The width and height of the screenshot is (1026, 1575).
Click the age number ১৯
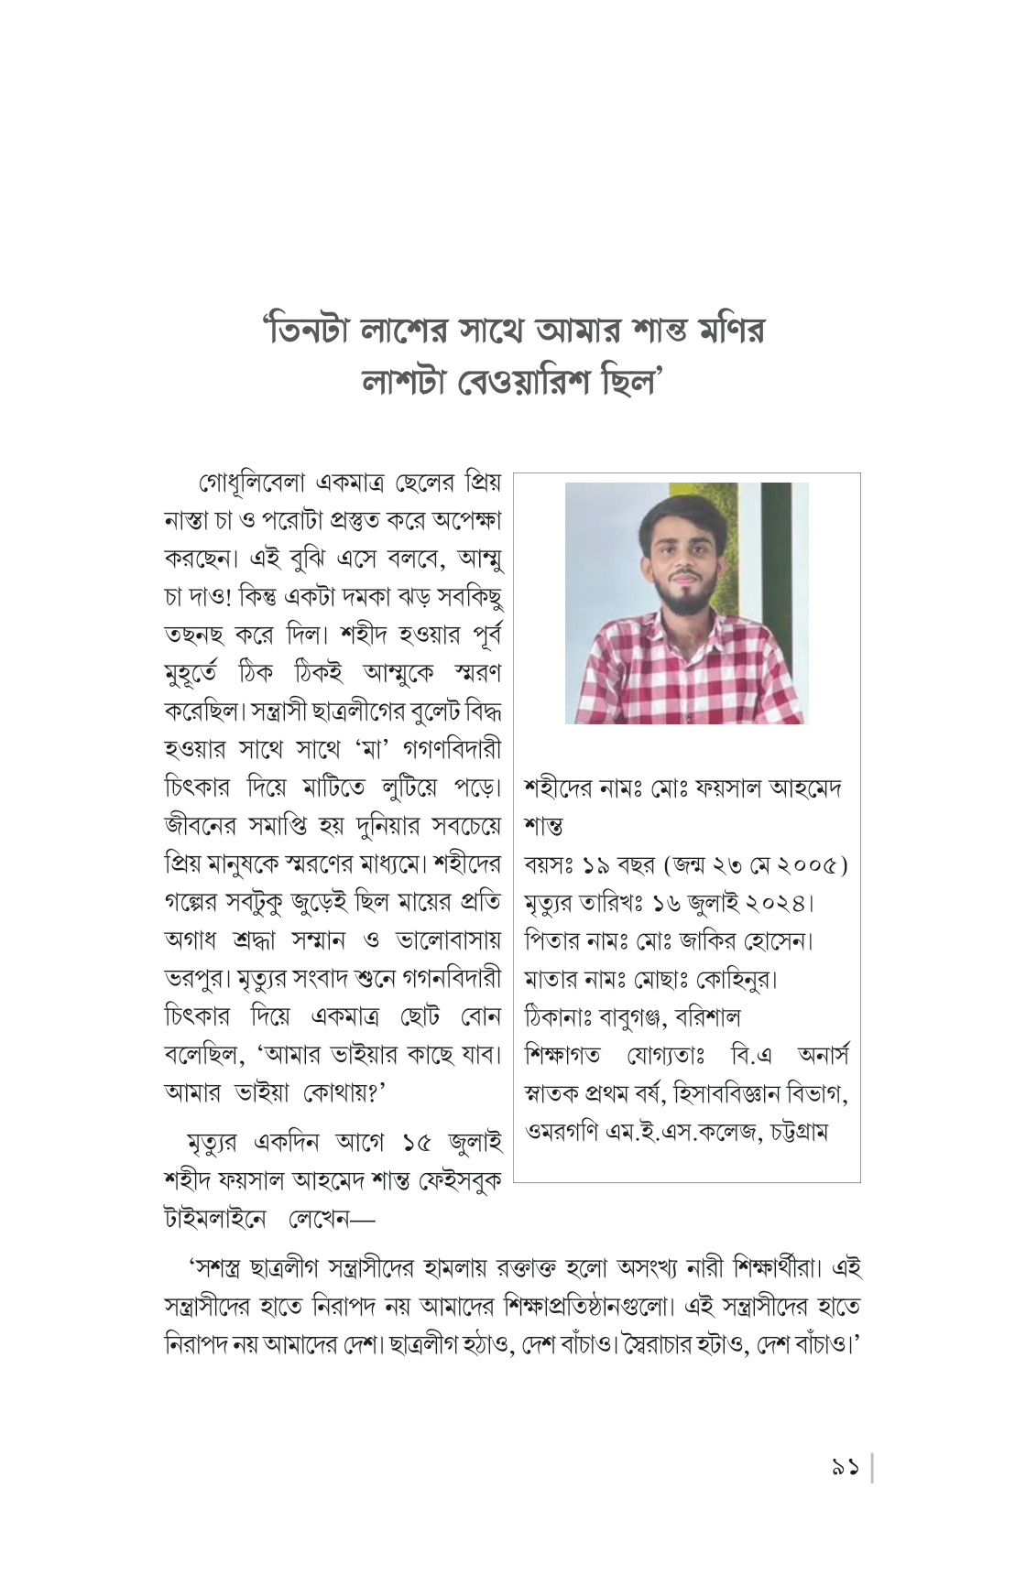coord(595,865)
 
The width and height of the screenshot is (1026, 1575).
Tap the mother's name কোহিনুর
coord(735,980)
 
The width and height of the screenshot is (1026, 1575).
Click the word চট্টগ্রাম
coord(799,1133)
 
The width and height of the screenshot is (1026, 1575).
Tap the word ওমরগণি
coord(561,1133)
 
